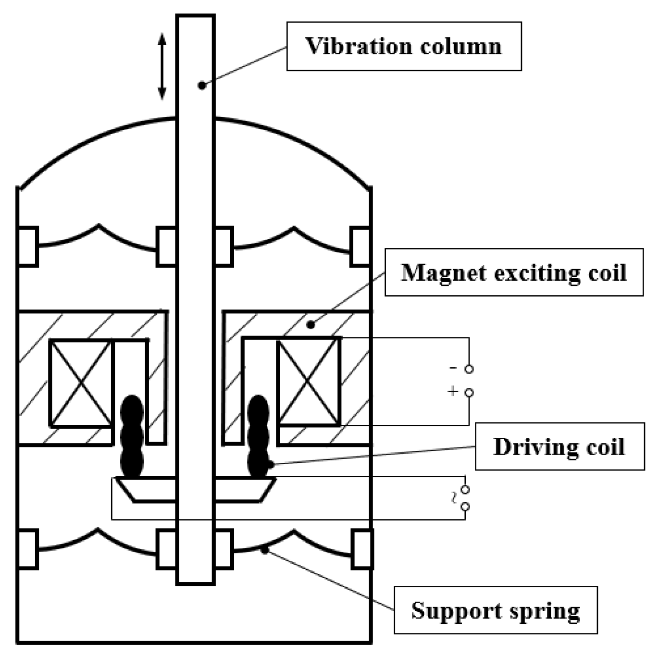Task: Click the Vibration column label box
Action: click(x=404, y=46)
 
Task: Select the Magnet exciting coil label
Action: click(x=513, y=272)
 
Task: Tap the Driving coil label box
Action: click(x=559, y=446)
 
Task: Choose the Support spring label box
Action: click(x=495, y=610)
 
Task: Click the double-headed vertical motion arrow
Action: click(x=162, y=66)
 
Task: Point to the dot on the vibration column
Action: click(x=202, y=85)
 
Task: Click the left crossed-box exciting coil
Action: click(x=81, y=383)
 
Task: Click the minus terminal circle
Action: click(x=469, y=369)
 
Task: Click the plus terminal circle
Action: click(x=469, y=393)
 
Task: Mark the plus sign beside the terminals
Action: click(x=452, y=392)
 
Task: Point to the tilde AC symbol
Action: click(x=453, y=498)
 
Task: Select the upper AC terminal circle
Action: click(x=465, y=490)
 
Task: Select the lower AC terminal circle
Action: click(x=465, y=507)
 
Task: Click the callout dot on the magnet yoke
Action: click(x=311, y=325)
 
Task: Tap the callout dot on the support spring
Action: click(x=264, y=550)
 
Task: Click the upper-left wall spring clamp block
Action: click(x=28, y=246)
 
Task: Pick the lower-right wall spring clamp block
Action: click(x=361, y=549)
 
